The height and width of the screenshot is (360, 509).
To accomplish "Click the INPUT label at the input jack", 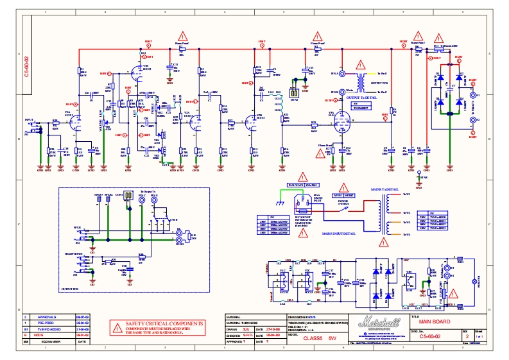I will point(29,120).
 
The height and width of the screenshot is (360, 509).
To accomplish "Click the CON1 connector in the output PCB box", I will point(128,194).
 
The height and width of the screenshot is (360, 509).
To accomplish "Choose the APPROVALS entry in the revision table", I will point(47,318).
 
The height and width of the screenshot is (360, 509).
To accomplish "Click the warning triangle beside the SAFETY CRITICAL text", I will point(117,328).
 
